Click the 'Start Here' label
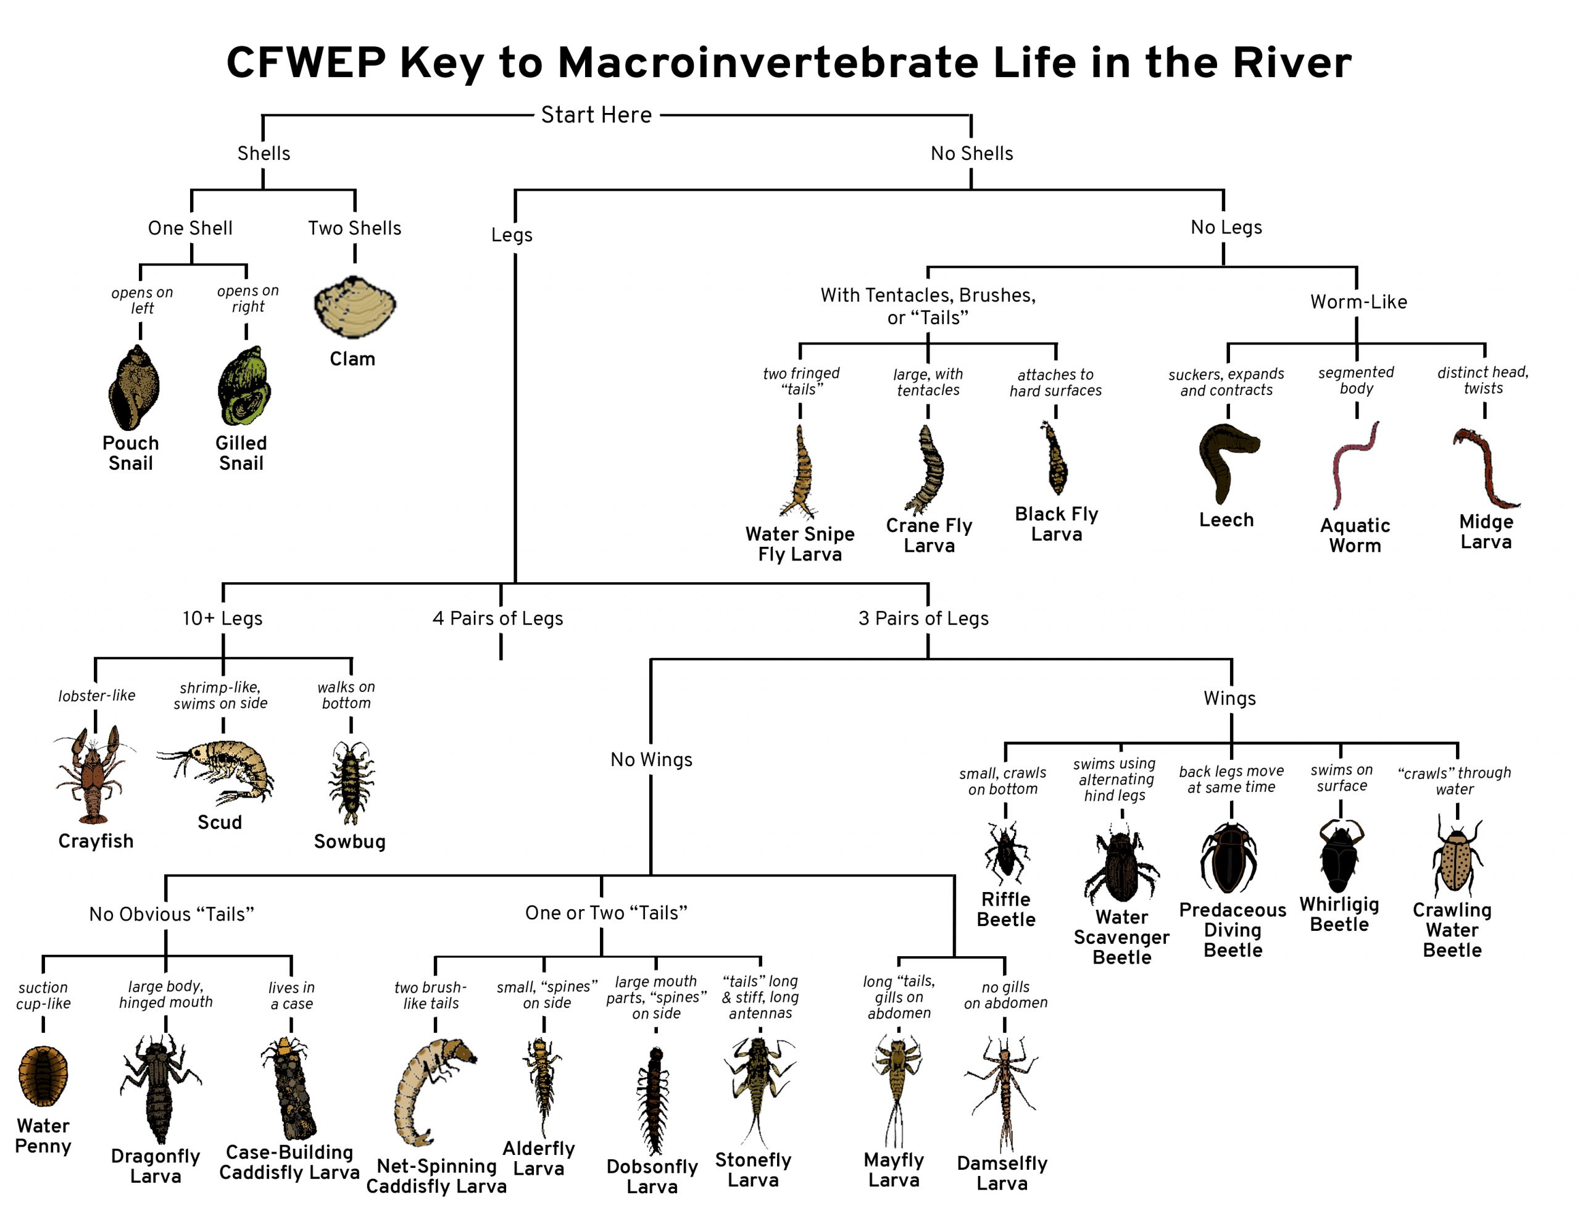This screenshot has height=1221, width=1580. pyautogui.click(x=596, y=114)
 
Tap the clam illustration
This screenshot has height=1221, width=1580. pyautogui.click(x=354, y=308)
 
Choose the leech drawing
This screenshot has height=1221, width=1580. pyautogui.click(x=1227, y=462)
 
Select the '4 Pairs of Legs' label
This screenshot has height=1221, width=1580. pyautogui.click(x=497, y=618)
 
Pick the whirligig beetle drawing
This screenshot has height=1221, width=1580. pyautogui.click(x=1339, y=856)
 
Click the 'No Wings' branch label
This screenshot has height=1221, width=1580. pyautogui.click(x=651, y=759)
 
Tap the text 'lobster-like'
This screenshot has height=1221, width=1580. pyautogui.click(x=97, y=696)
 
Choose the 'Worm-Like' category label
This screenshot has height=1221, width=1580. pyautogui.click(x=1358, y=302)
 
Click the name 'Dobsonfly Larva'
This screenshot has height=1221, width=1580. pyautogui.click(x=652, y=1176)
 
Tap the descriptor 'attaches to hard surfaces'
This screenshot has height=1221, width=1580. pyautogui.click(x=1055, y=382)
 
